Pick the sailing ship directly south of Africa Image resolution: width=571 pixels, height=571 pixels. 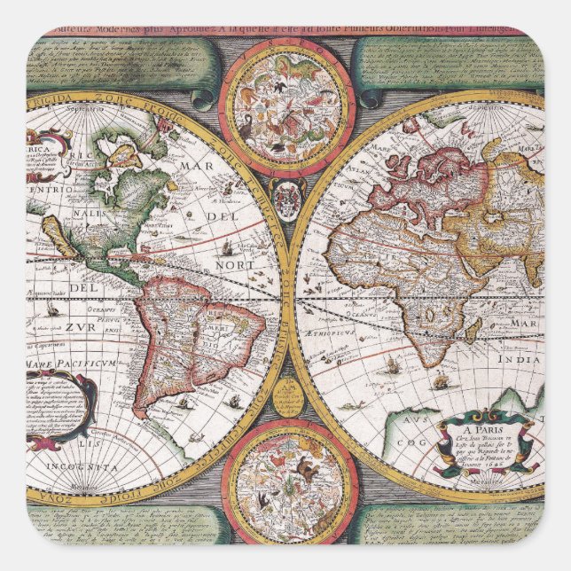(x=393, y=362)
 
